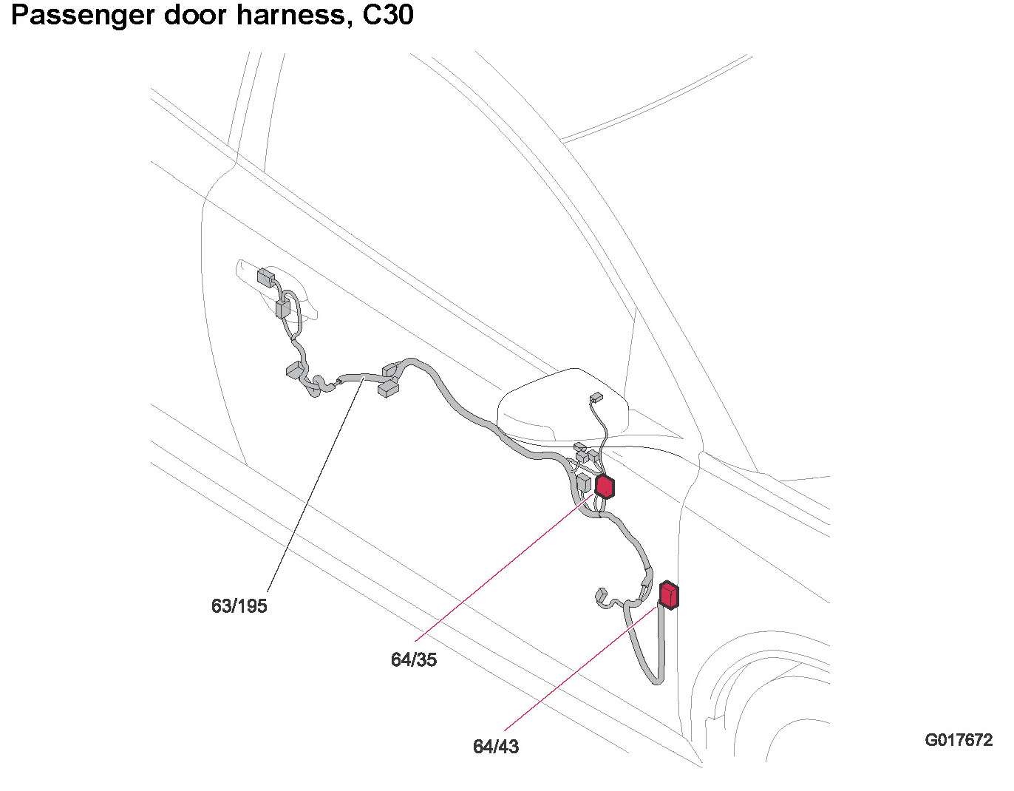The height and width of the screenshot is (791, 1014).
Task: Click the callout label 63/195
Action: pyautogui.click(x=239, y=606)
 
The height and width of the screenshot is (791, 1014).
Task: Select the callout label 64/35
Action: pyautogui.click(x=414, y=659)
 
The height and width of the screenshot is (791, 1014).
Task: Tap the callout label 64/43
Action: pyautogui.click(x=496, y=747)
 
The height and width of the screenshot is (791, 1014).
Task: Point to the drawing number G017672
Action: pyautogui.click(x=959, y=740)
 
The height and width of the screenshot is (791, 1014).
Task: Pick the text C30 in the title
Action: pyautogui.click(x=388, y=15)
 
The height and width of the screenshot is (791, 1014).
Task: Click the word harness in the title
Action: pyautogui.click(x=286, y=15)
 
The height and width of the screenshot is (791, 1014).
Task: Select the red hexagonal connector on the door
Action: pyautogui.click(x=605, y=486)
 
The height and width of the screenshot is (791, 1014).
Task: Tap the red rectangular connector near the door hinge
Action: pyautogui.click(x=669, y=595)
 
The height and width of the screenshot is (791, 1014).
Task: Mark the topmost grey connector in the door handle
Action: pyautogui.click(x=265, y=278)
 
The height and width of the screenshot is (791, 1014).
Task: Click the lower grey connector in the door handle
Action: pyautogui.click(x=282, y=308)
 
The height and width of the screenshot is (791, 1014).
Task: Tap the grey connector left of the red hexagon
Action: pyautogui.click(x=583, y=484)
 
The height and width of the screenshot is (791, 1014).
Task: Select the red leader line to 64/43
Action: pyautogui.click(x=584, y=665)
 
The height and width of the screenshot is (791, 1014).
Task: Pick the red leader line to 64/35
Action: pyautogui.click(x=503, y=569)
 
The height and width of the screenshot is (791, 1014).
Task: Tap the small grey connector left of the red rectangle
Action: pyautogui.click(x=601, y=594)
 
